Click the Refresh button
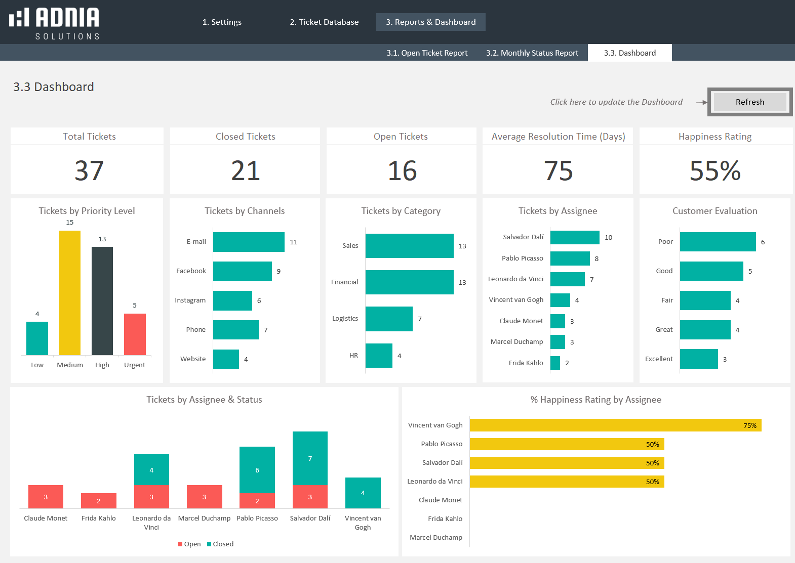point(750,102)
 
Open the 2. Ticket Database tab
point(324,22)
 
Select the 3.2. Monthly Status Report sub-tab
point(532,53)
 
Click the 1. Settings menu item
point(222,22)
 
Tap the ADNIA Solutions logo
point(54,23)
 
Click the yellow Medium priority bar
point(70,292)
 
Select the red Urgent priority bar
point(135,334)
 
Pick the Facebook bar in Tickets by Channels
point(242,271)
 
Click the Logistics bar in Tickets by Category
point(389,319)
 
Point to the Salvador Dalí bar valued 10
point(575,237)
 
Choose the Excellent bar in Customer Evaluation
point(699,359)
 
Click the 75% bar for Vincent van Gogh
point(615,425)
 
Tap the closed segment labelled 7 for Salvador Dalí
point(310,458)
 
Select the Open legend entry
point(189,544)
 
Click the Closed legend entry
point(220,544)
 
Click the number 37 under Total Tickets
point(89,171)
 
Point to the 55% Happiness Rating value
point(715,171)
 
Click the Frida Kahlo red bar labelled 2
point(99,501)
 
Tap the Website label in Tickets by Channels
point(193,359)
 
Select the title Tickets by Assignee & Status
point(204,400)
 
